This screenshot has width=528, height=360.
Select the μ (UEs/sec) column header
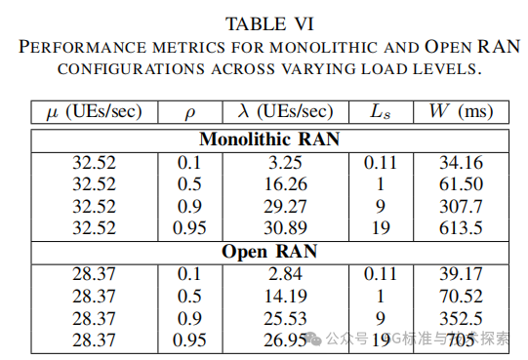pyautogui.click(x=95, y=111)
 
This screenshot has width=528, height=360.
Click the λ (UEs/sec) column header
pyautogui.click(x=286, y=111)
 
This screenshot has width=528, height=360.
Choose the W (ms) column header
pyautogui.click(x=459, y=111)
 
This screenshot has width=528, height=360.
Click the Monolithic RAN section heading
pyautogui.click(x=269, y=139)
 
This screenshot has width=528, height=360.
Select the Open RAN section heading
pyautogui.click(x=269, y=251)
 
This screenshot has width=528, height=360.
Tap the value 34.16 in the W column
pyautogui.click(x=459, y=161)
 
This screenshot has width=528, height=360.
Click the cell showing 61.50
pyautogui.click(x=459, y=183)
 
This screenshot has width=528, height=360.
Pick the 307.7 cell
pyautogui.click(x=459, y=206)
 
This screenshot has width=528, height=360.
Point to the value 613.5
pyautogui.click(x=459, y=228)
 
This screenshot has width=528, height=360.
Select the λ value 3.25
pyautogui.click(x=286, y=161)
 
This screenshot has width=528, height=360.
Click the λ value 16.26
pyautogui.click(x=286, y=183)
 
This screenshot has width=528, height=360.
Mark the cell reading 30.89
pyautogui.click(x=286, y=228)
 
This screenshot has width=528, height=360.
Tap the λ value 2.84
pyautogui.click(x=286, y=273)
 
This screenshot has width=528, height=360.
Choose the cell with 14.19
pyautogui.click(x=286, y=296)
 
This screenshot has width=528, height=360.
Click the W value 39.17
pyautogui.click(x=459, y=273)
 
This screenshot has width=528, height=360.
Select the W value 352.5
pyautogui.click(x=459, y=318)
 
